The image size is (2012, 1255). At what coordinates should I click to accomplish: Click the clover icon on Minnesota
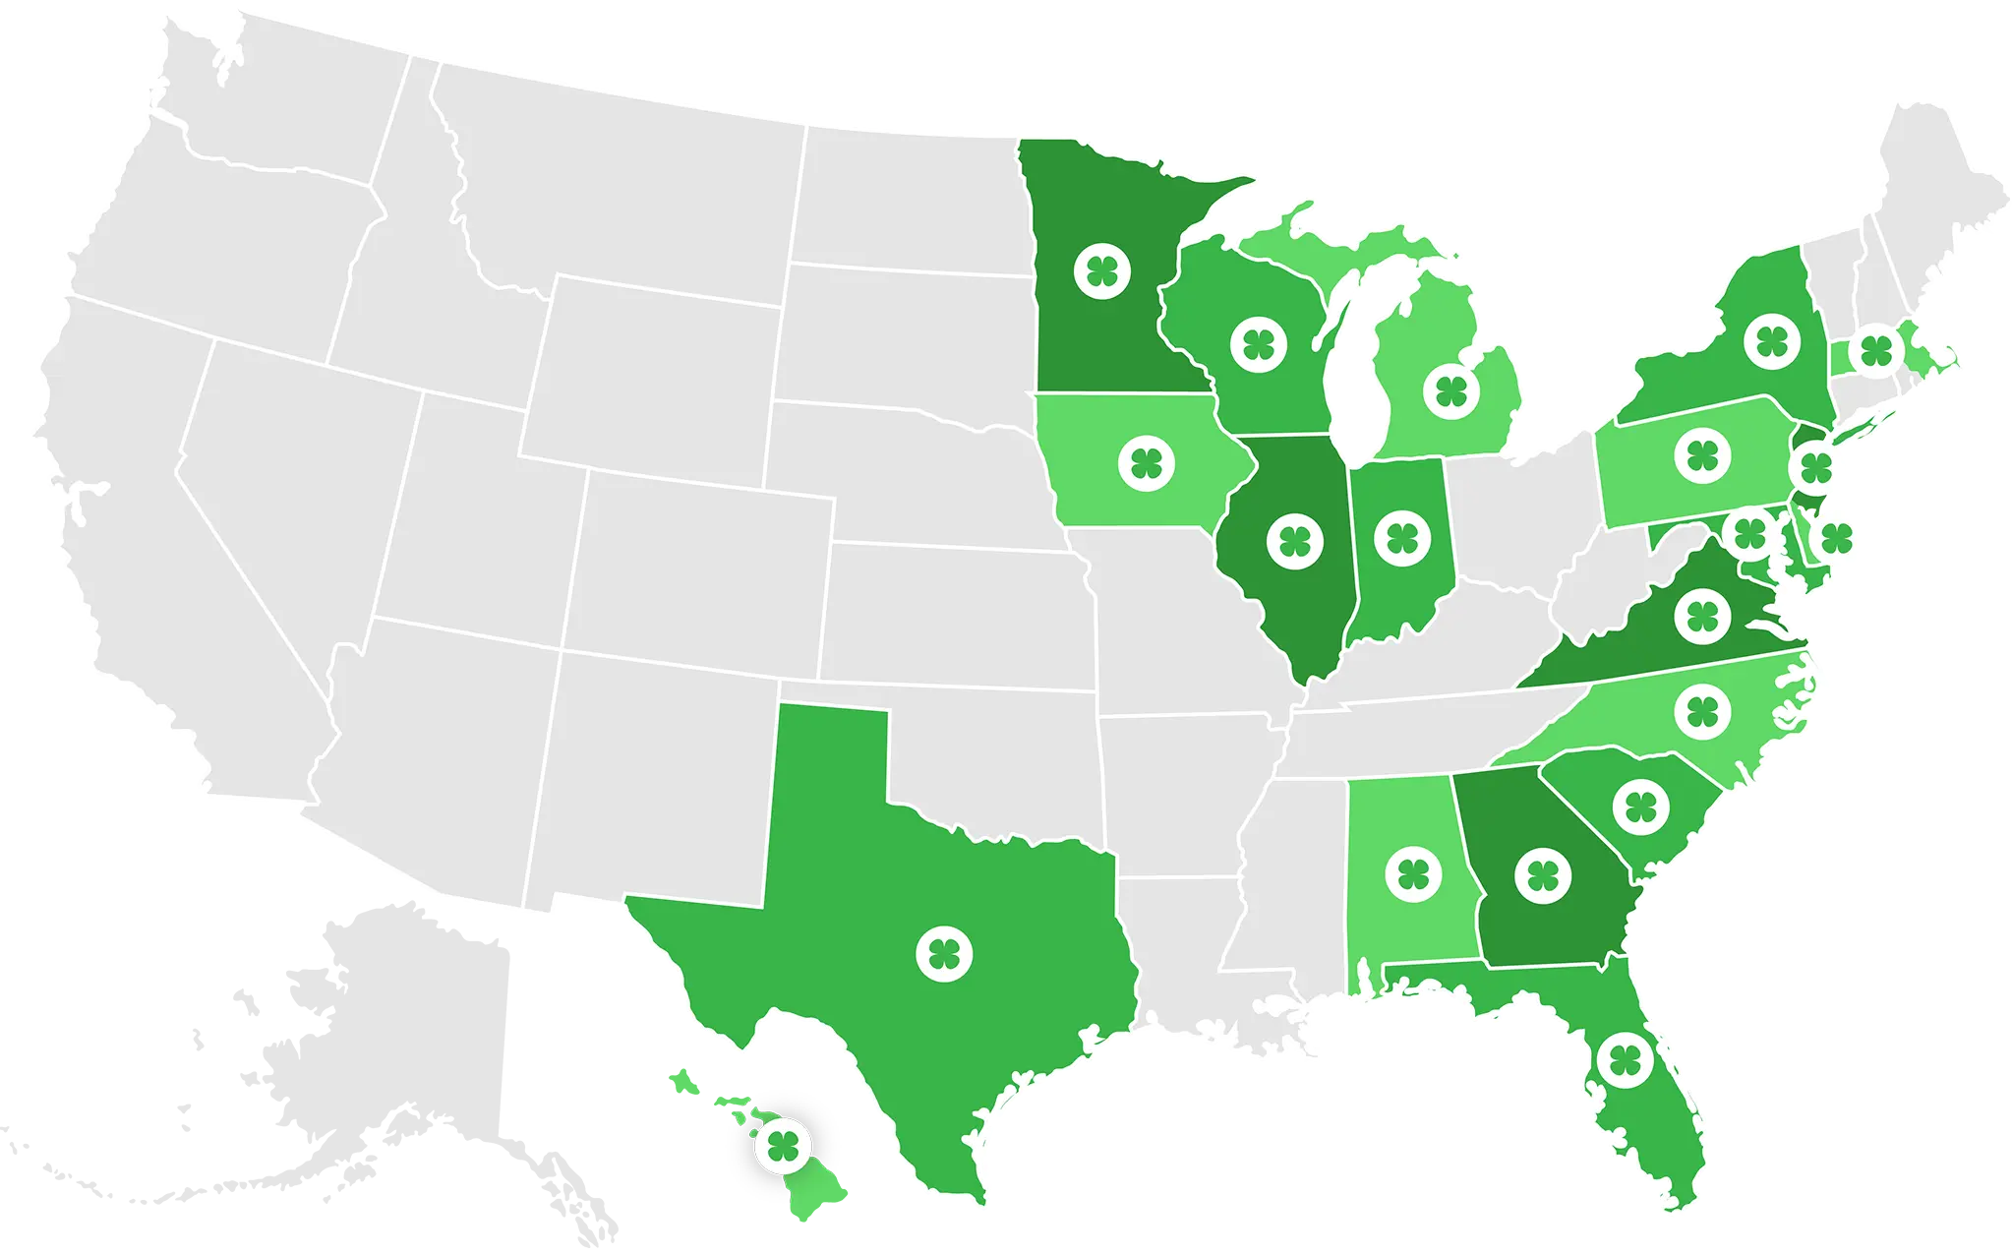(1102, 269)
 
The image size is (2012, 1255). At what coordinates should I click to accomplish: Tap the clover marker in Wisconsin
(1259, 344)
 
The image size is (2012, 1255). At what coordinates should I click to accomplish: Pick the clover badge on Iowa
(1147, 462)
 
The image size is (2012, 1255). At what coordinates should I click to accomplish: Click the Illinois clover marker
(1295, 540)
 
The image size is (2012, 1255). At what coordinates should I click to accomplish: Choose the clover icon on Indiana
(1402, 538)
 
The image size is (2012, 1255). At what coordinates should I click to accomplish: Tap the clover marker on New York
(1772, 341)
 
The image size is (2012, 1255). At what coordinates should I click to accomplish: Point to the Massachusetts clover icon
(1875, 349)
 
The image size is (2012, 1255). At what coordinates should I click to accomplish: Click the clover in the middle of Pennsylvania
(1702, 455)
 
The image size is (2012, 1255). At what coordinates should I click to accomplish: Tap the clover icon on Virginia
(1702, 616)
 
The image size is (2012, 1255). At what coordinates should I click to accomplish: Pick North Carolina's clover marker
(1702, 711)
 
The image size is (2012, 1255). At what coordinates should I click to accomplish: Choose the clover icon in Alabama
(1413, 873)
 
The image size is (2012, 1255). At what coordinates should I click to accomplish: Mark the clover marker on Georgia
(1543, 875)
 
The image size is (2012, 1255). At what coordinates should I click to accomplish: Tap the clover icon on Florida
(1625, 1059)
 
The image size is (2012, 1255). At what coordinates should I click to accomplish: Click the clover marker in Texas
(944, 953)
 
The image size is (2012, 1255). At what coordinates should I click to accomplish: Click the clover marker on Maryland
(1749, 534)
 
